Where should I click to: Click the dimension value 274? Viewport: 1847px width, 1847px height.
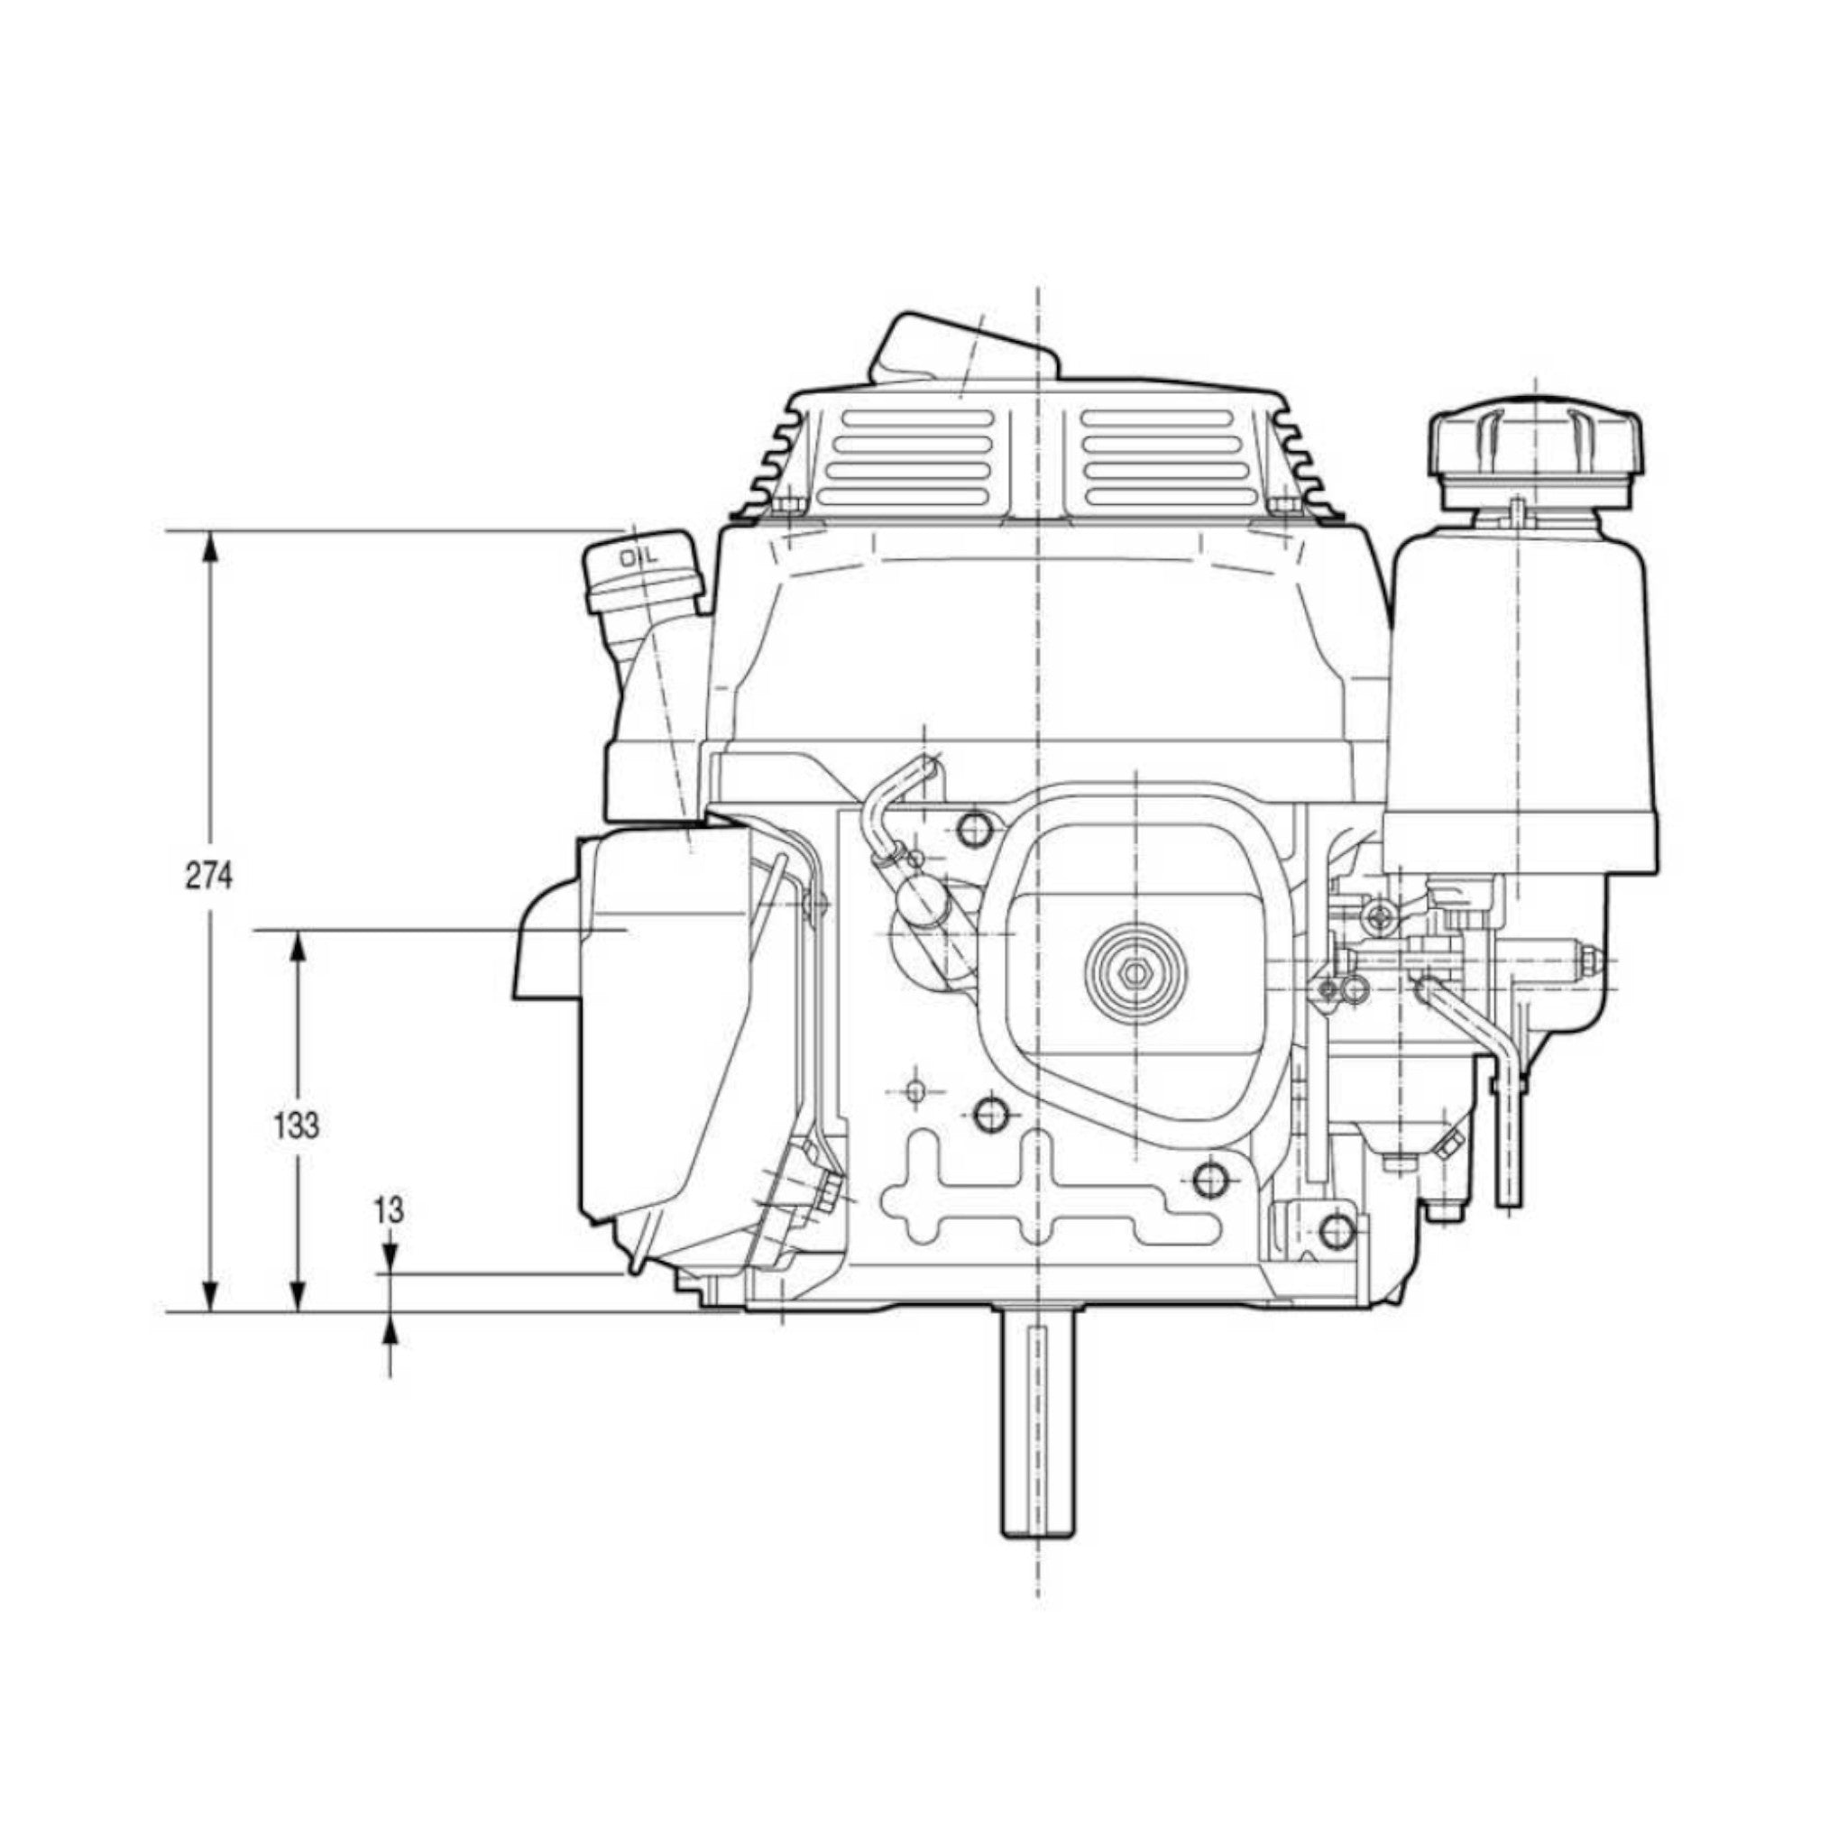[x=208, y=876]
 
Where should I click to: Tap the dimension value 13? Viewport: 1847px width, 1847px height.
[x=389, y=1210]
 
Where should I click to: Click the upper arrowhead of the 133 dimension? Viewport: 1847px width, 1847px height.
[x=299, y=951]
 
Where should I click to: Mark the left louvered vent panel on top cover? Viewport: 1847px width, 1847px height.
[x=911, y=458]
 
